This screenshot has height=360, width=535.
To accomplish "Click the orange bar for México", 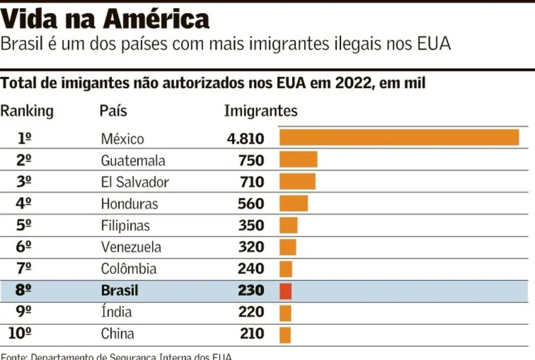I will pos(399,137).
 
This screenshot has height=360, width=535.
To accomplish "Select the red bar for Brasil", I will pos(286,291).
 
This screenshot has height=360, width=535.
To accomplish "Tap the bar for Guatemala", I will pos(299,160).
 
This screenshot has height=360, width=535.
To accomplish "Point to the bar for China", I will pos(285,334).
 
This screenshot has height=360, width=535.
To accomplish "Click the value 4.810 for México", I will pos(246,139).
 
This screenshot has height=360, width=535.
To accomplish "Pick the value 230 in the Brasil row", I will pos(251,291).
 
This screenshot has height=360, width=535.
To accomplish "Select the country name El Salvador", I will pos(135,182).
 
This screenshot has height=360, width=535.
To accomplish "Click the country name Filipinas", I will pos(125,226).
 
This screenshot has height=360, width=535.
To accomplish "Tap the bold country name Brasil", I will pos(120,291).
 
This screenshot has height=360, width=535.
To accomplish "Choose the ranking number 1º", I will pos(24,139).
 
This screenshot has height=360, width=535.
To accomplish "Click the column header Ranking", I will pos(27,111).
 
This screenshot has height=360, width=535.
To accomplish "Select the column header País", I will pos(113,111).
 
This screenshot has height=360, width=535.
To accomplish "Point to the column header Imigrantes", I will pos(261,111).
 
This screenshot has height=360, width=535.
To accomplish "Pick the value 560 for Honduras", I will pos(251,204).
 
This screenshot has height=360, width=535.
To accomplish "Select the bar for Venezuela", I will pos(288,247).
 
